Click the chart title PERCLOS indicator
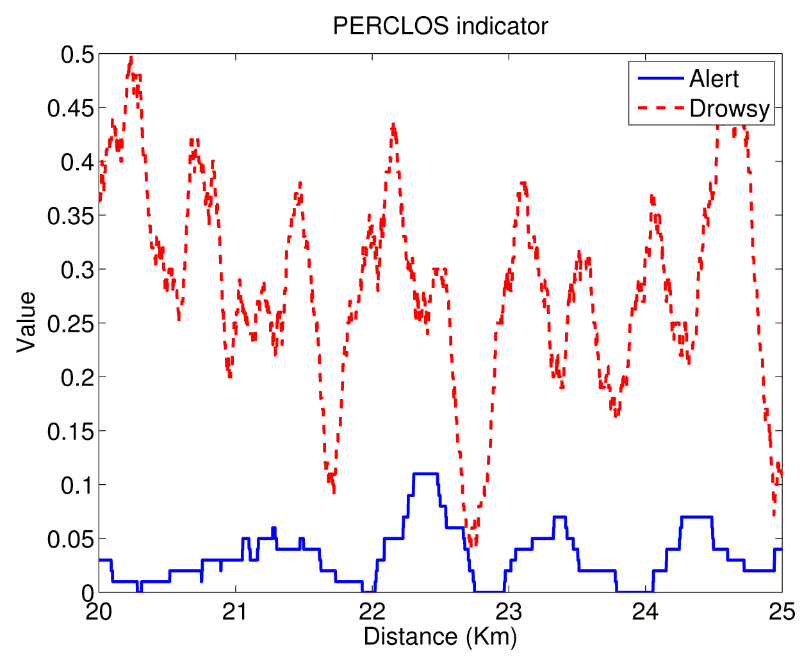pos(440,26)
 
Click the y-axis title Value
pos(26,322)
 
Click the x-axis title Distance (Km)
pos(440,637)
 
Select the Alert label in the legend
pos(714,79)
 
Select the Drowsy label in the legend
pos(729,108)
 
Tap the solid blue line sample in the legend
pos(661,78)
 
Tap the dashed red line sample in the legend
pos(661,108)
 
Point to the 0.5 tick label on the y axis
pos(78,55)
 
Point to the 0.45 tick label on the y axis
pos(70,108)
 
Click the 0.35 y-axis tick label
pos(70,216)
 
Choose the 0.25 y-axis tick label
pos(70,323)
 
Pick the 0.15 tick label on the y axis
pos(70,431)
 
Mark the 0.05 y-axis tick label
pos(70,539)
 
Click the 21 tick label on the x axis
pos(235,612)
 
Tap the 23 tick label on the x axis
pos(509,612)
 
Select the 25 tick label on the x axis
pos(782,612)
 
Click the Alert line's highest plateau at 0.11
pos(425,474)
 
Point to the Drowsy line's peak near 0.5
pos(131,58)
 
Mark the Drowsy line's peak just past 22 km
pos(393,126)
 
